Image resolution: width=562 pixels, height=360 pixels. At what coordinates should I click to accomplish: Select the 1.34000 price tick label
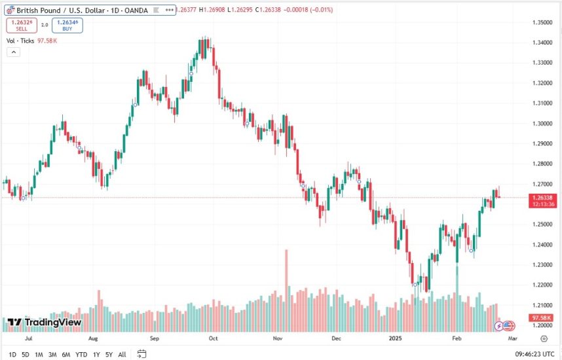click(540, 43)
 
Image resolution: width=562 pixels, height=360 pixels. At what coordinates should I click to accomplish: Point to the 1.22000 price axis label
click(540, 285)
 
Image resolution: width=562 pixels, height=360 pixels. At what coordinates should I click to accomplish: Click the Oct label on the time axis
click(214, 339)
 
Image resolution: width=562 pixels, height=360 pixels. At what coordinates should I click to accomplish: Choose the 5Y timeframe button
click(109, 355)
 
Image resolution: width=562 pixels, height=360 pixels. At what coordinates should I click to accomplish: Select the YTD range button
click(81, 355)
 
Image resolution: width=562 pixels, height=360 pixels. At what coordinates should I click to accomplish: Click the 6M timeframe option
click(66, 355)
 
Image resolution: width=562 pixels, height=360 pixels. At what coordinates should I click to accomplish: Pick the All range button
click(122, 355)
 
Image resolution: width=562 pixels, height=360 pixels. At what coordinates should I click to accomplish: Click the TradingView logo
click(45, 322)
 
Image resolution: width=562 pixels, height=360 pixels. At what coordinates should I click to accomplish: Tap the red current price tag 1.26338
click(543, 198)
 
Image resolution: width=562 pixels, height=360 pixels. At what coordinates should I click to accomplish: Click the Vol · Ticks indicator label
click(20, 41)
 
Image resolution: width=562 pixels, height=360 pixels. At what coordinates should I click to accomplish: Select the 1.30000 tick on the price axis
click(540, 123)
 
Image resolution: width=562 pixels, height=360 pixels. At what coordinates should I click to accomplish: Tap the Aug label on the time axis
click(92, 339)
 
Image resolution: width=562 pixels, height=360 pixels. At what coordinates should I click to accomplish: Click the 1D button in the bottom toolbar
click(12, 355)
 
